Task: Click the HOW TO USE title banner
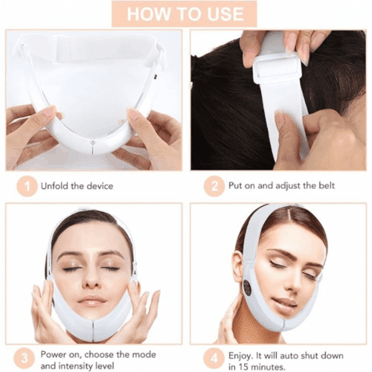185,13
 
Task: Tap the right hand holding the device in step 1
153,134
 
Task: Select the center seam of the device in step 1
93,143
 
